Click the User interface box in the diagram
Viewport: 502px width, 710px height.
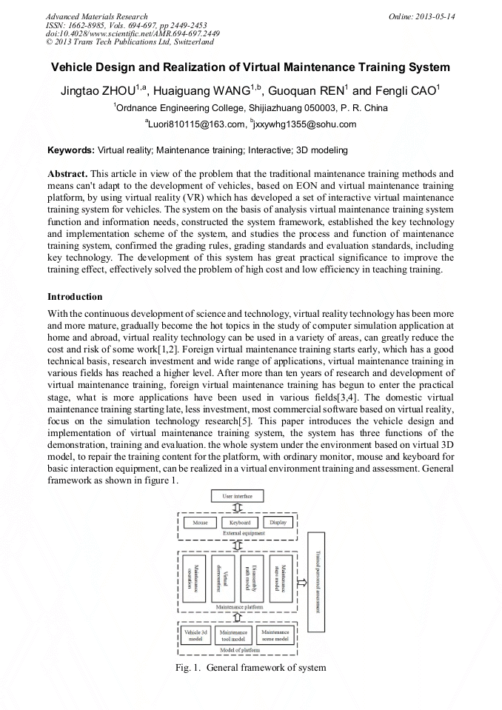(237, 496)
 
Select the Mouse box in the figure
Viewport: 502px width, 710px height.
(200, 523)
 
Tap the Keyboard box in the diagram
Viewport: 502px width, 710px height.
(239, 523)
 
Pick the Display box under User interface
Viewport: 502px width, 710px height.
(278, 523)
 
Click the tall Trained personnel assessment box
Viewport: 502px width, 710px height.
(316, 582)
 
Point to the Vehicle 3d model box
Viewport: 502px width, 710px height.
(196, 635)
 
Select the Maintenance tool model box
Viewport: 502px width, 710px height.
(233, 635)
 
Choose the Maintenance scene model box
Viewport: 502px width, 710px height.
(275, 635)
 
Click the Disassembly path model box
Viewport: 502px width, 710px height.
(251, 578)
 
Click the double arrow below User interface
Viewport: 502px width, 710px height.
(237, 508)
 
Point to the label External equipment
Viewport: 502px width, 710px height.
(239, 533)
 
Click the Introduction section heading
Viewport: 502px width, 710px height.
(75, 297)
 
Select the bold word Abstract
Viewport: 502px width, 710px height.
(68, 173)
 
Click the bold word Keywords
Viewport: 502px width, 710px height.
(71, 150)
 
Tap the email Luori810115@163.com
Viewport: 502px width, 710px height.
(196, 124)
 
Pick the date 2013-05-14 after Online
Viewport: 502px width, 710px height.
(436, 16)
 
